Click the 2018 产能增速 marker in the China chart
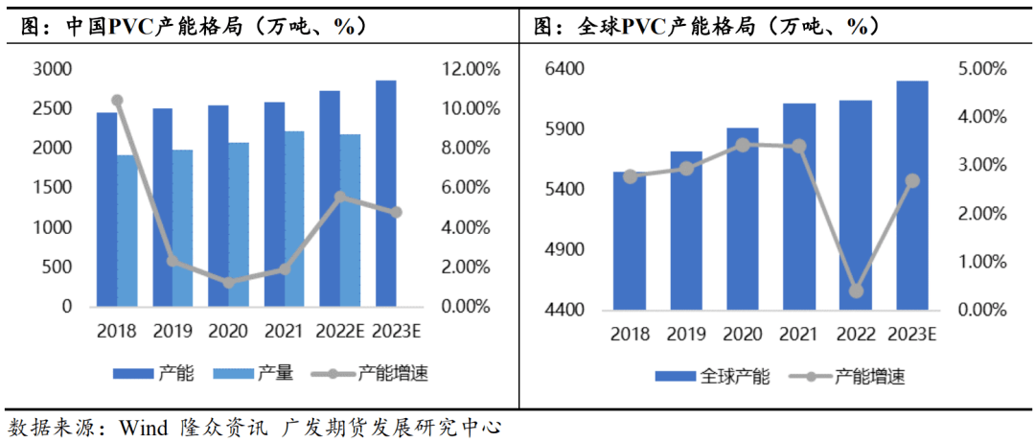pyautogui.click(x=117, y=100)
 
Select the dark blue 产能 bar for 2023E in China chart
pyautogui.click(x=385, y=193)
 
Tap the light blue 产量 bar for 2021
pyautogui.click(x=294, y=219)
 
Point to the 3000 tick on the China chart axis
pyautogui.click(x=53, y=69)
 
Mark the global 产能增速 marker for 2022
pyautogui.click(x=856, y=291)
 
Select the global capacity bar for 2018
pyautogui.click(x=630, y=241)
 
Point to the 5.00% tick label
pyautogui.click(x=980, y=69)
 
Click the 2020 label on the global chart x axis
pyautogui.click(x=743, y=335)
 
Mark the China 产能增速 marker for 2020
pyautogui.click(x=228, y=283)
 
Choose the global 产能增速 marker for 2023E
pyautogui.click(x=912, y=180)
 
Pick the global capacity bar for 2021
pyautogui.click(x=799, y=206)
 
